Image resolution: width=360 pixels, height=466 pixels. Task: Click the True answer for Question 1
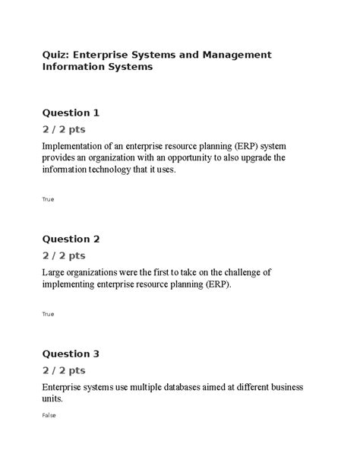tap(48, 199)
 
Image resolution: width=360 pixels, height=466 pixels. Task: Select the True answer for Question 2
tap(48, 314)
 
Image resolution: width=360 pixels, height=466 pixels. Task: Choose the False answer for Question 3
tap(49, 416)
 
